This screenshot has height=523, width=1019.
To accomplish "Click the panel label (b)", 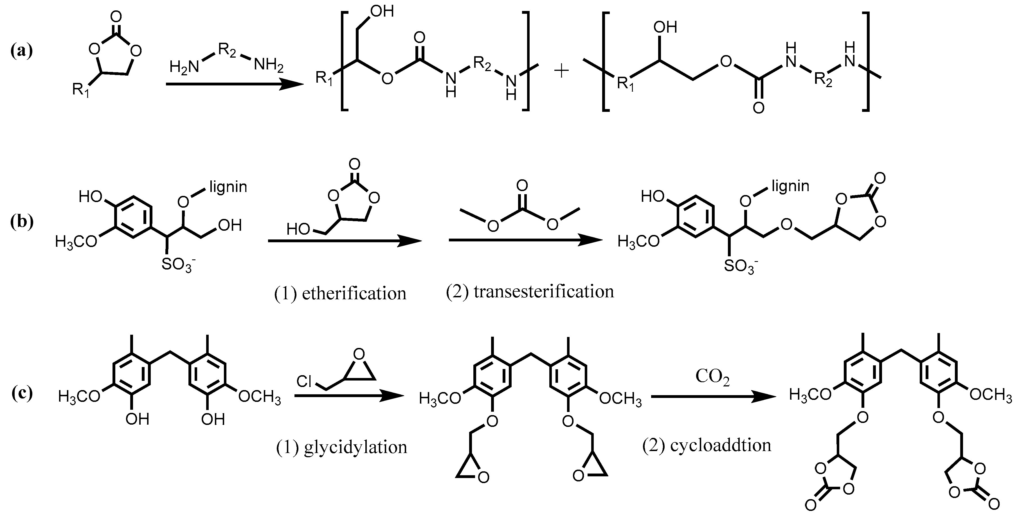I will click(21, 222).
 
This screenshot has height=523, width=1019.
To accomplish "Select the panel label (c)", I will click(21, 394).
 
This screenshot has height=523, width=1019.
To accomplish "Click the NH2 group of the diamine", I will click(269, 64).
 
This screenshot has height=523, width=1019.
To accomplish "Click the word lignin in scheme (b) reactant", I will click(228, 187).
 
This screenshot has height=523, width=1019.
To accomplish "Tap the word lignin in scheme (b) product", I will click(790, 186).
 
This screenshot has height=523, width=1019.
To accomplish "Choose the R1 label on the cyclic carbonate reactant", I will click(81, 90).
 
